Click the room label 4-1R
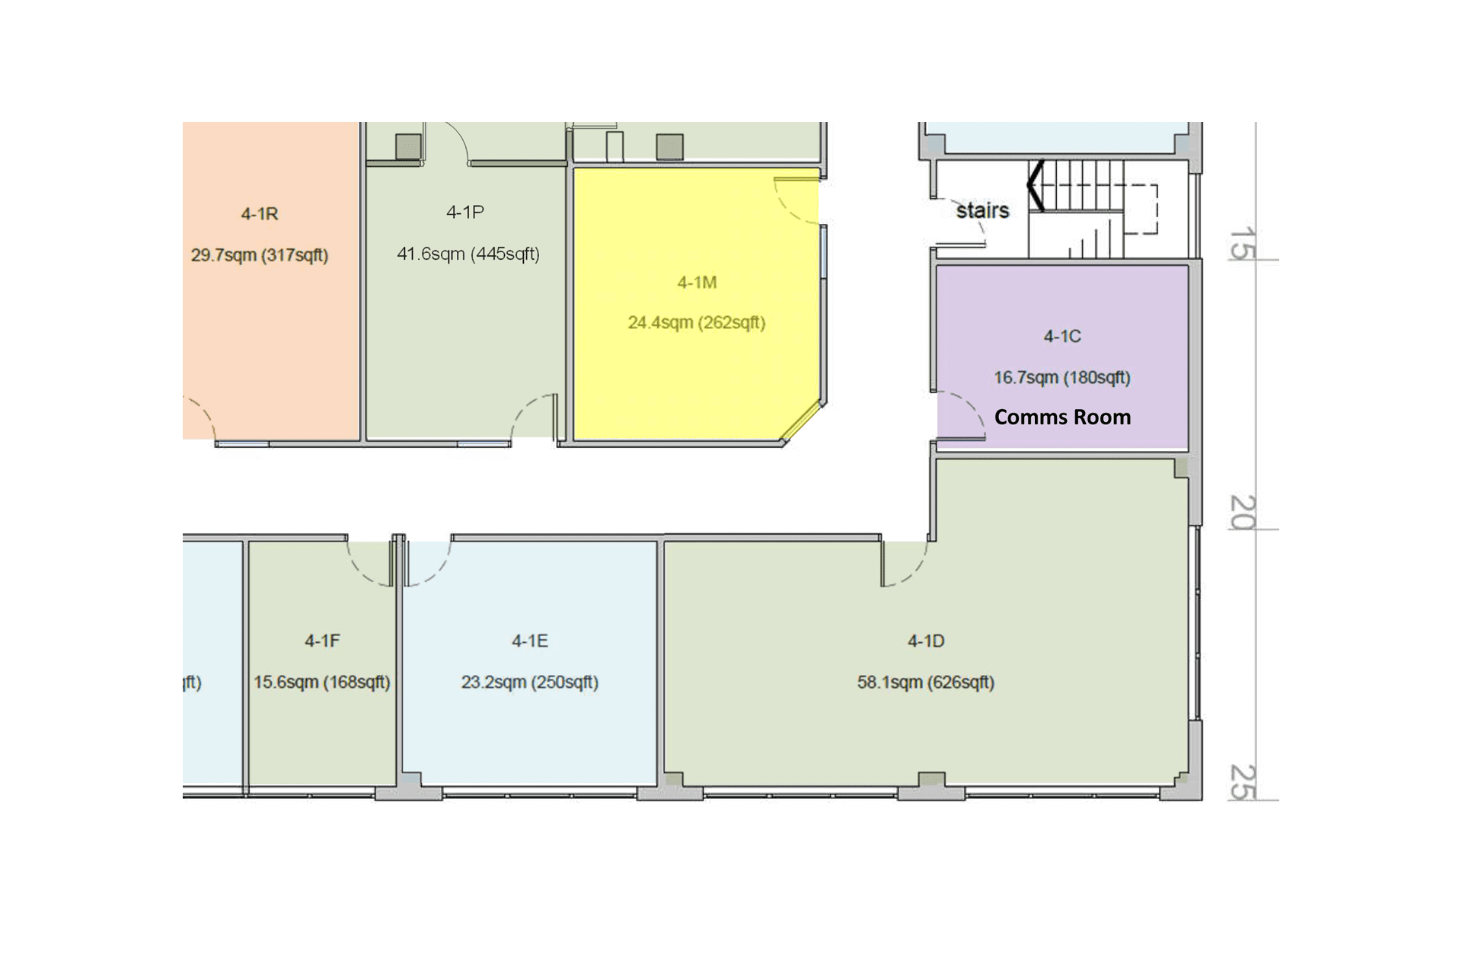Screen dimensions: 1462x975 click(x=260, y=214)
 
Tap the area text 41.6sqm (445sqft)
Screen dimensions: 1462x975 click(x=468, y=254)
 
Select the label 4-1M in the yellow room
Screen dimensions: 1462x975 click(x=697, y=283)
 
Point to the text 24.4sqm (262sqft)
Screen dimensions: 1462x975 click(x=697, y=322)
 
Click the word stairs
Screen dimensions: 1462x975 click(x=982, y=210)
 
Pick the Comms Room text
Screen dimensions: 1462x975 click(x=1062, y=417)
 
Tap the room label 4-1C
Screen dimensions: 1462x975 click(x=1062, y=336)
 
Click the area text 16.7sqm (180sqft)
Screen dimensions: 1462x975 click(x=1062, y=377)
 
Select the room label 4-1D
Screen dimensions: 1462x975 click(x=926, y=641)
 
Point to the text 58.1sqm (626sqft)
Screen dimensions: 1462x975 click(x=926, y=682)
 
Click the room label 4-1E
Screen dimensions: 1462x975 click(x=530, y=641)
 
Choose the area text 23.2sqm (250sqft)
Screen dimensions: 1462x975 click(x=530, y=682)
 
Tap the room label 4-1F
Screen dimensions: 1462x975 click(x=322, y=641)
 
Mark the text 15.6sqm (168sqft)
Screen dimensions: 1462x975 click(x=322, y=682)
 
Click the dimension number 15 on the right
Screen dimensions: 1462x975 click(x=1243, y=242)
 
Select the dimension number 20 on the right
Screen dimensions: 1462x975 click(x=1243, y=512)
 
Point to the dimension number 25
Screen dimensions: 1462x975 click(x=1243, y=782)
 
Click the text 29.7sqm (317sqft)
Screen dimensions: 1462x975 click(x=260, y=255)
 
